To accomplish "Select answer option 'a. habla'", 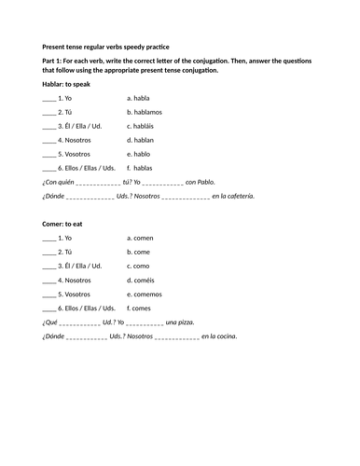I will tap(138, 97).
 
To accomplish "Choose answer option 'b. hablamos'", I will tap(145, 111).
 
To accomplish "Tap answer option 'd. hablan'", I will tap(141, 139).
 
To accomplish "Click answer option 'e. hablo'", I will tap(139, 153).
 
